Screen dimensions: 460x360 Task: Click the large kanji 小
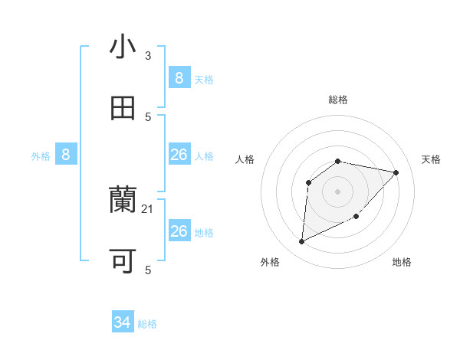123,47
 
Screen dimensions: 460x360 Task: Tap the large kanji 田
123,109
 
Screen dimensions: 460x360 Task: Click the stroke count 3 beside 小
148,56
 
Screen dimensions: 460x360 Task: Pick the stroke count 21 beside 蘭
149,209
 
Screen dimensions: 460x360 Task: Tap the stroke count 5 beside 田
148,117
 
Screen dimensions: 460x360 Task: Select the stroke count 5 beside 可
148,270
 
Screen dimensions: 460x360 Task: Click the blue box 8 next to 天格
179,77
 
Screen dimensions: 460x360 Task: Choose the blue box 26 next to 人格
179,155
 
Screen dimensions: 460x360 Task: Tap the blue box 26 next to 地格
179,231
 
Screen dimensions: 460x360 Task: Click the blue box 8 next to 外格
66,155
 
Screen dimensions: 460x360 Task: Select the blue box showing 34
123,322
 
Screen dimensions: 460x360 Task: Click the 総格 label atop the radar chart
338,100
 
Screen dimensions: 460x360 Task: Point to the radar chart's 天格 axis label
432,159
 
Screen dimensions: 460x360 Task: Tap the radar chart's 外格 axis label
270,262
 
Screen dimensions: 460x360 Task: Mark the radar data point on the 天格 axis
396,173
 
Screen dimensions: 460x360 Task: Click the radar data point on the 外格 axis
301,242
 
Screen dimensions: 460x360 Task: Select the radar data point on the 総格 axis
338,161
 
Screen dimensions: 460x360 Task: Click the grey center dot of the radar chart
338,191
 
